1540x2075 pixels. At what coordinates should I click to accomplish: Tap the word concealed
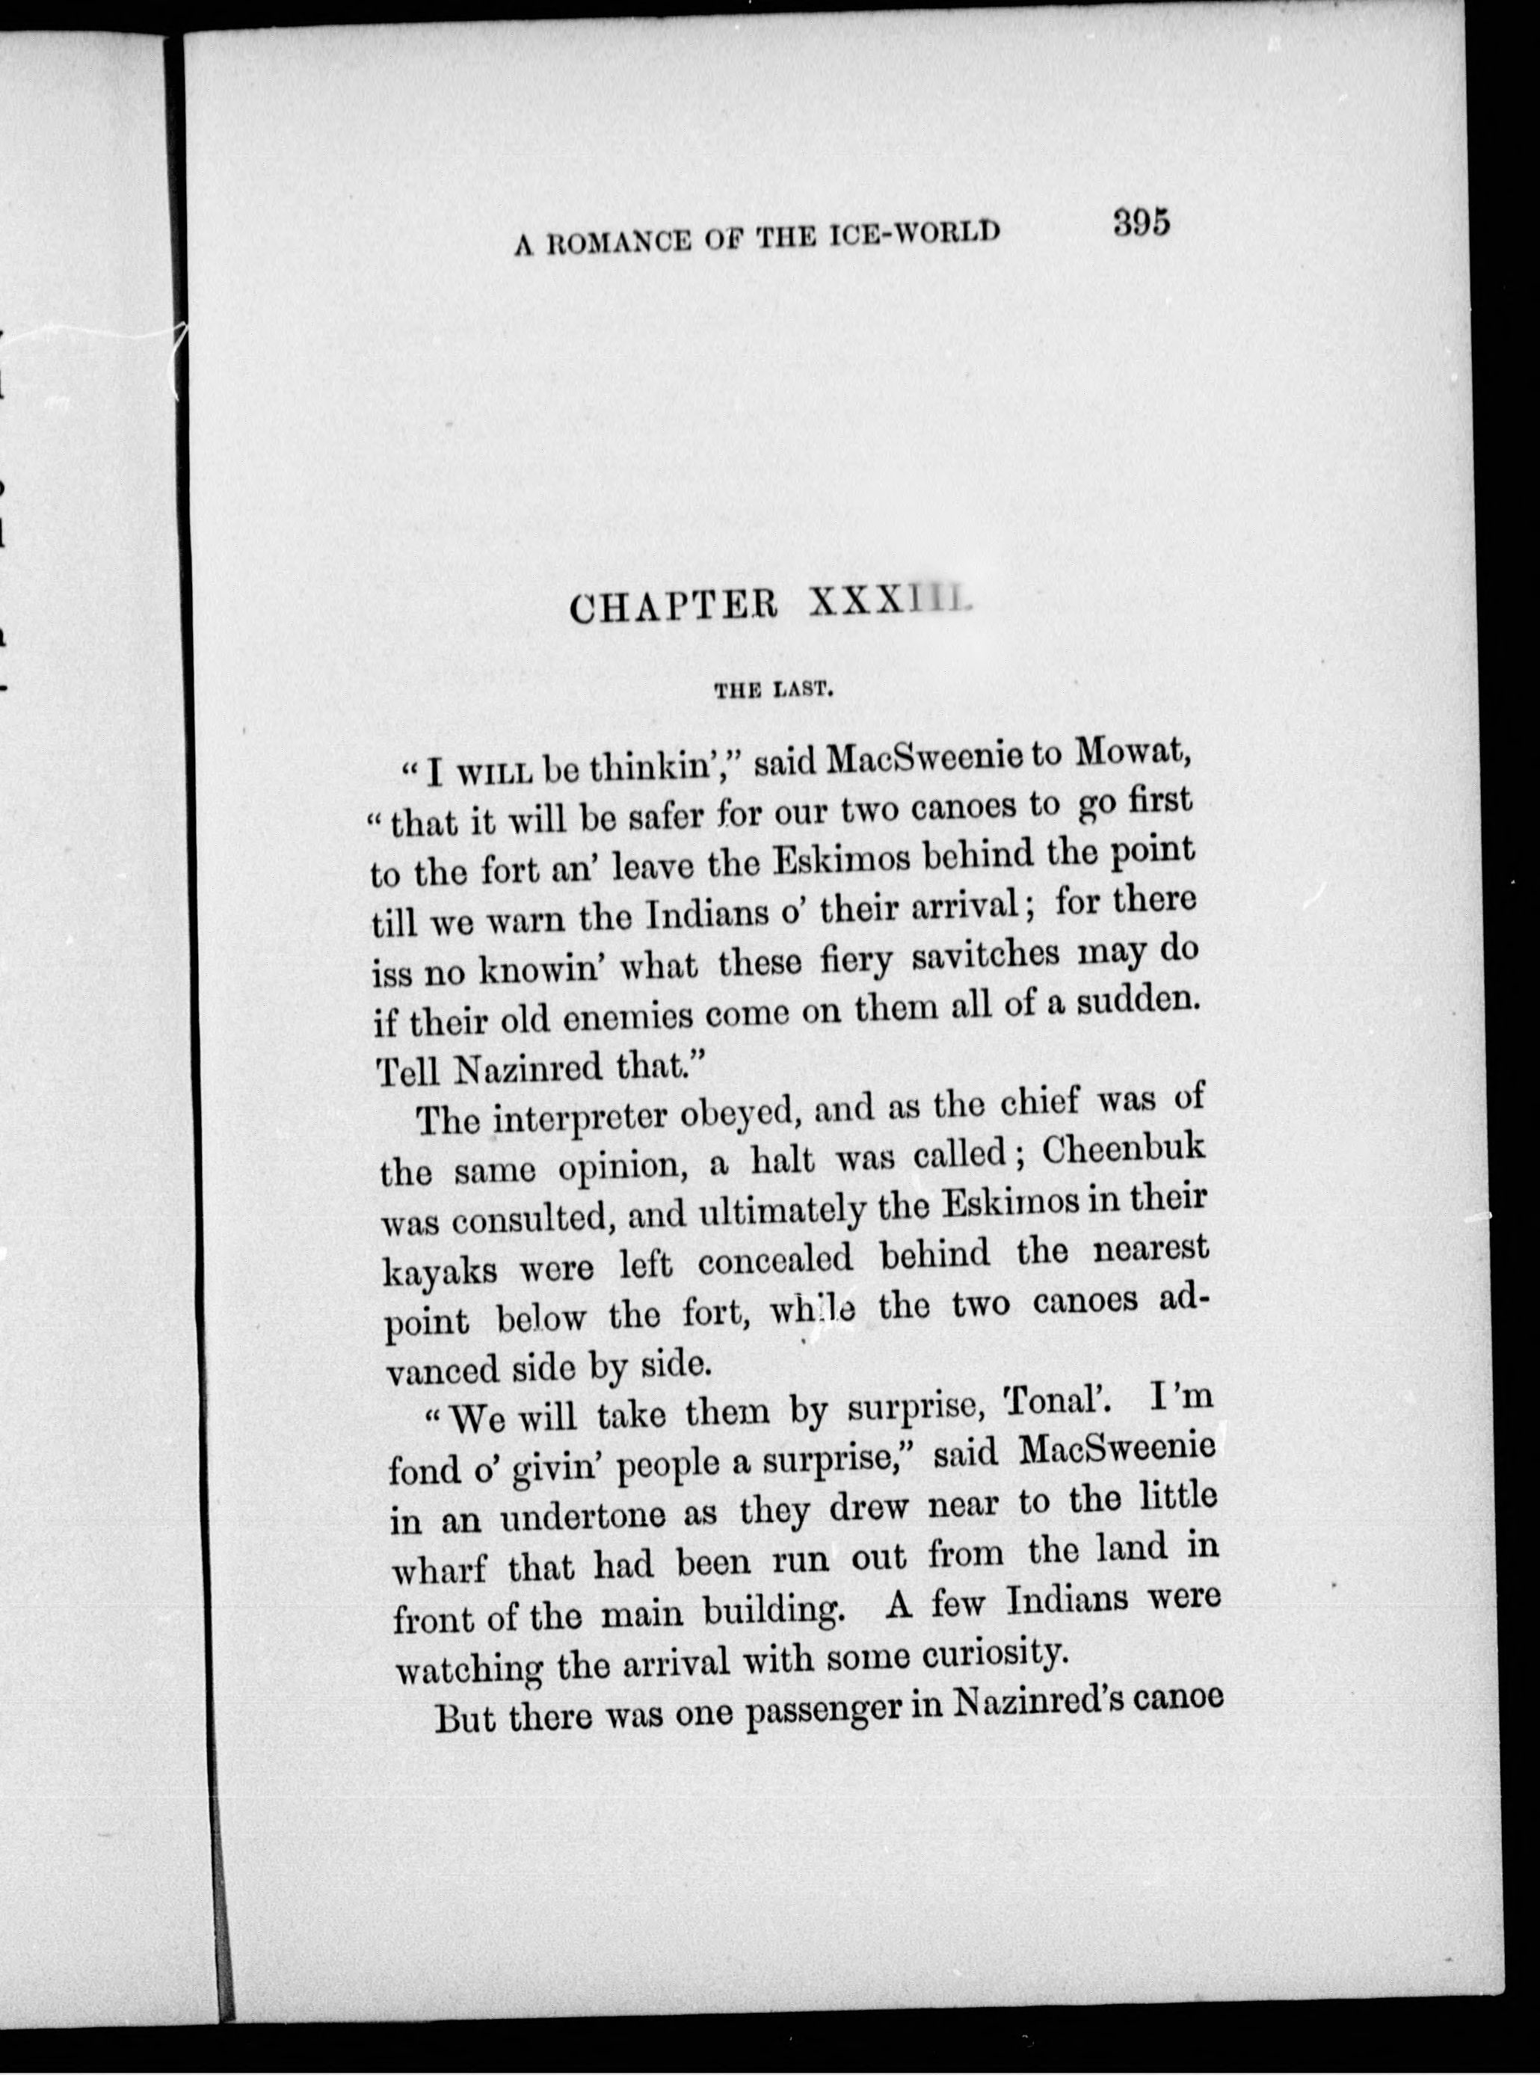point(775,1260)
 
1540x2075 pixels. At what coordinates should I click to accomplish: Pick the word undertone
point(585,1518)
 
